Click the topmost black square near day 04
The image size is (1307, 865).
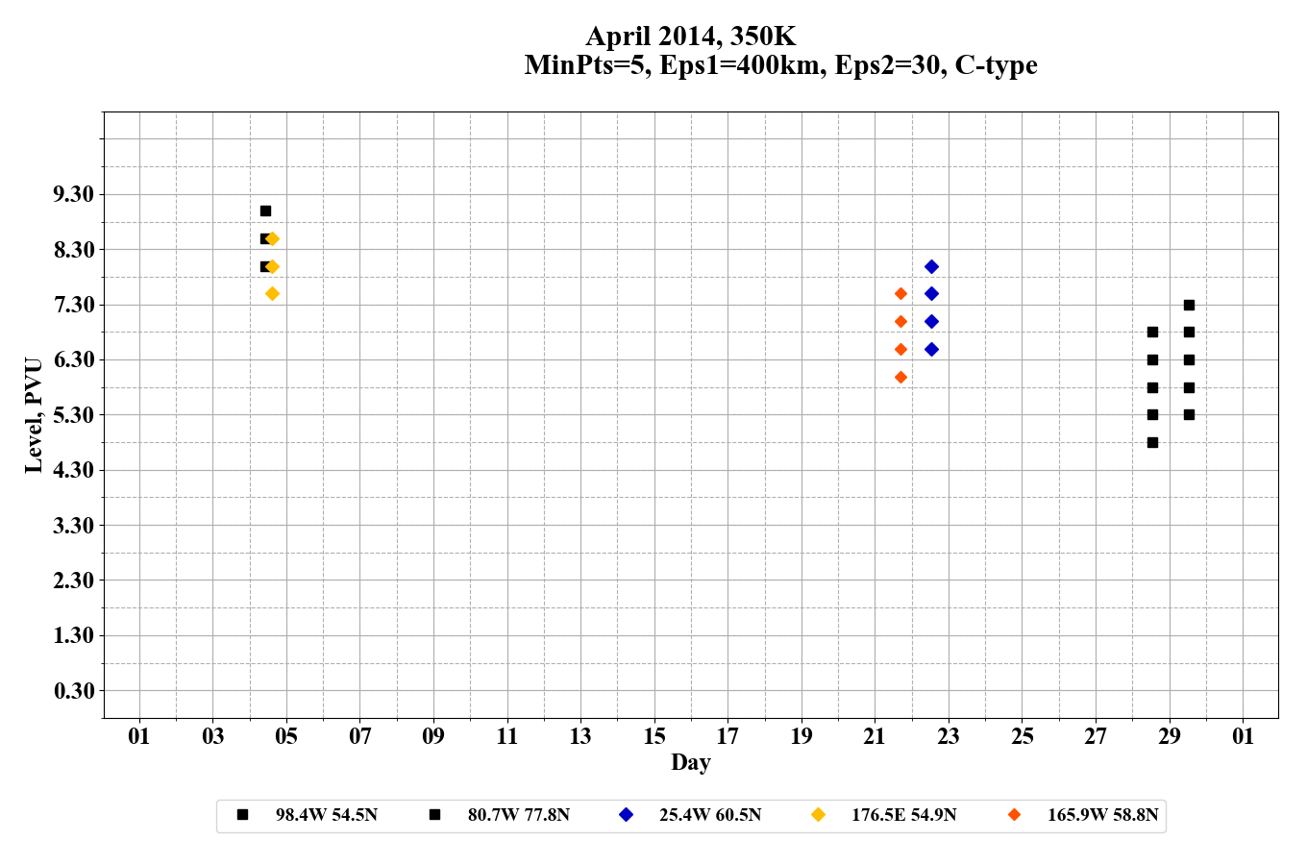click(265, 210)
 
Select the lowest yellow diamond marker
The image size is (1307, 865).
click(272, 293)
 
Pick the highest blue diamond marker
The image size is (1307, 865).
click(931, 266)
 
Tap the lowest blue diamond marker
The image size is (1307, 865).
click(931, 349)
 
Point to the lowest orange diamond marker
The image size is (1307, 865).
click(900, 377)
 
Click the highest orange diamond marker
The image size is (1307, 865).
click(900, 293)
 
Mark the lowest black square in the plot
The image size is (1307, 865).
click(1152, 442)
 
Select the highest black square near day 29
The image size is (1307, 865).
click(1189, 305)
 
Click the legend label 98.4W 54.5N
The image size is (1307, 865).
click(326, 815)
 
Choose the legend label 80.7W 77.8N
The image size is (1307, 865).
click(518, 815)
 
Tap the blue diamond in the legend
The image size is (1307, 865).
click(626, 815)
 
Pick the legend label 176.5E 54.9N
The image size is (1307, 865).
click(903, 815)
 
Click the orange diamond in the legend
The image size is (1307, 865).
click(1014, 815)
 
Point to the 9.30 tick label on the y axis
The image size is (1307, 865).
click(74, 194)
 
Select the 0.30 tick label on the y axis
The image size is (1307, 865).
click(74, 691)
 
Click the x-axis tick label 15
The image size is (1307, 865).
click(653, 736)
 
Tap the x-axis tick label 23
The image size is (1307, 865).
click(949, 736)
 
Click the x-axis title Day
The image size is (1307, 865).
click(690, 762)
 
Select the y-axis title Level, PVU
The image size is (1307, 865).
click(34, 415)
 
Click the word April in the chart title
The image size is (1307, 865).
click(619, 37)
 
